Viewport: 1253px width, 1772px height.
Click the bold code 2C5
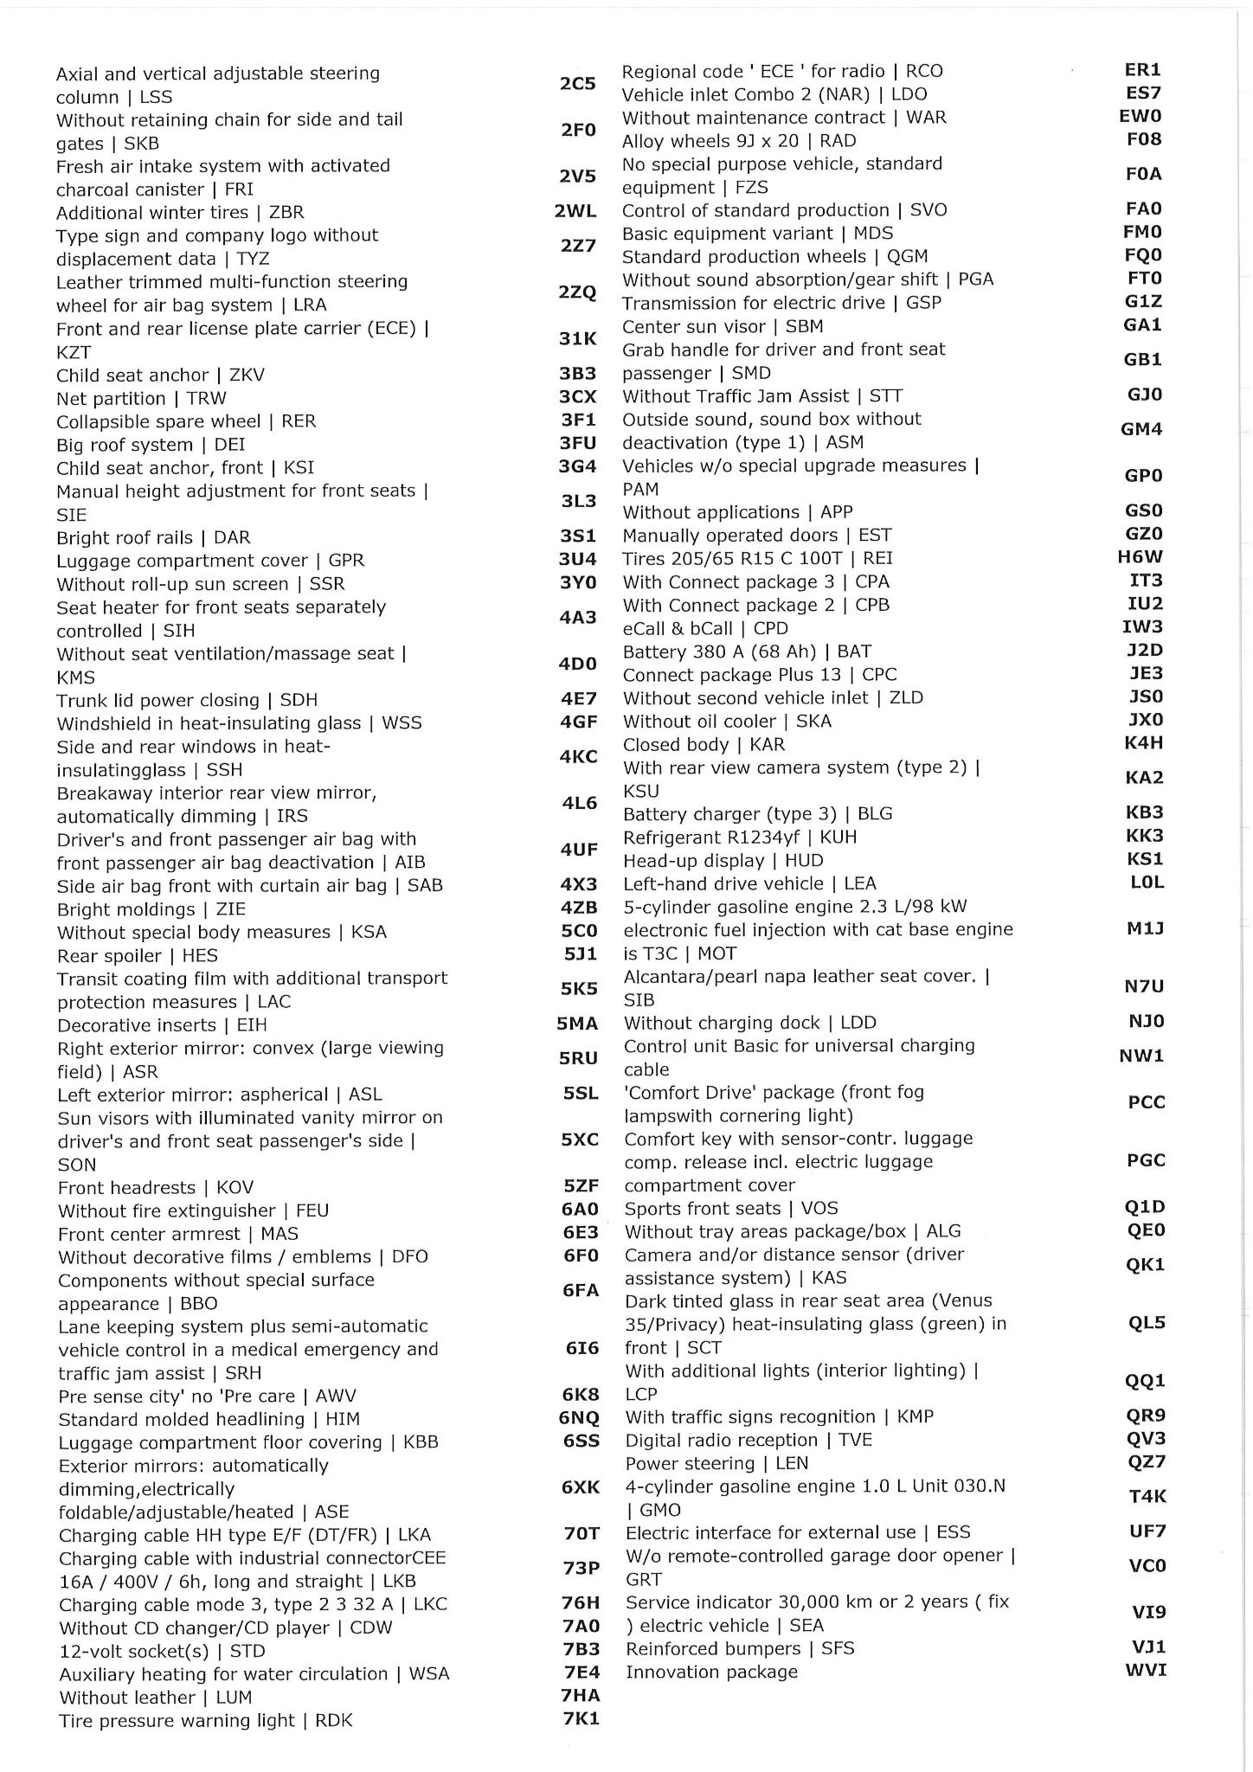[x=577, y=84]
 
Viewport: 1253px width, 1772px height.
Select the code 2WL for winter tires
[x=575, y=212]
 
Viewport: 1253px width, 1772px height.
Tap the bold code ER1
[x=1142, y=70]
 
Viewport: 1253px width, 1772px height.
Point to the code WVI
[x=1146, y=1670]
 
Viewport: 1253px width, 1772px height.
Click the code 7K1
[x=581, y=1718]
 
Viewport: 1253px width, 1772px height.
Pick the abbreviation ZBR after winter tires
[x=286, y=213]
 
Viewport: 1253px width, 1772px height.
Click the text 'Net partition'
[x=111, y=399]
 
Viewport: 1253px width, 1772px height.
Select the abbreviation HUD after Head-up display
[x=804, y=861]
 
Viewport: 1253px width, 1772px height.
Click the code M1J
[x=1145, y=928]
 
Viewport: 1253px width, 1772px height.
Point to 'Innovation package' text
[x=711, y=1672]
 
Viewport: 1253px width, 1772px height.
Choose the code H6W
[x=1141, y=557]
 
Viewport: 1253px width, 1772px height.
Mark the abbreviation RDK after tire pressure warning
[x=334, y=1721]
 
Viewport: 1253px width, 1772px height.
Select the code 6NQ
[x=579, y=1418]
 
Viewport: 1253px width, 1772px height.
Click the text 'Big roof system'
[x=125, y=446]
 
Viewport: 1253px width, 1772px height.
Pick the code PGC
[x=1146, y=1160]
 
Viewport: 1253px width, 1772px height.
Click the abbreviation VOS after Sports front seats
[x=819, y=1209]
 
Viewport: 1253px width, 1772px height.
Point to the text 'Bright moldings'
[x=126, y=909]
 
